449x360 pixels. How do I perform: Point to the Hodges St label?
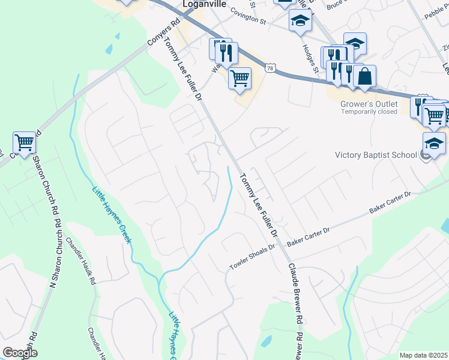point(311,60)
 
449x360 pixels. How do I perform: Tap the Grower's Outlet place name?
point(369,103)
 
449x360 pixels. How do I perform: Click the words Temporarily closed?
point(369,112)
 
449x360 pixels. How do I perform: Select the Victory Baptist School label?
point(375,155)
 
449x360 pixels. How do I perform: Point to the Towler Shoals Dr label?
point(253,256)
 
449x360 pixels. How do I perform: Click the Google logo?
point(20,353)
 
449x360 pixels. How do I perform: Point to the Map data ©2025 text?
point(423,355)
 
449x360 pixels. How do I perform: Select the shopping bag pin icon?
point(364,76)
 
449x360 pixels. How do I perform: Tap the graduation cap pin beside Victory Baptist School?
point(434,143)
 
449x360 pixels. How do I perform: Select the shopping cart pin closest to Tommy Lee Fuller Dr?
point(240,77)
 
